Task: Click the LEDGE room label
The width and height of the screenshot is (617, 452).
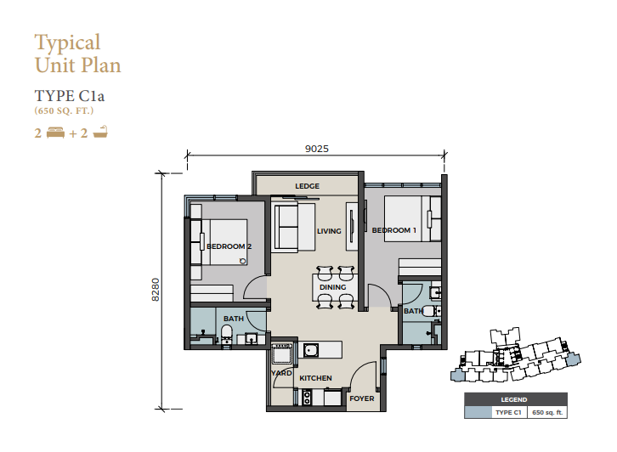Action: [308, 186]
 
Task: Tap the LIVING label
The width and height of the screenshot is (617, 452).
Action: [329, 231]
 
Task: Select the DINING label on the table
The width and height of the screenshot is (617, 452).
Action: [332, 287]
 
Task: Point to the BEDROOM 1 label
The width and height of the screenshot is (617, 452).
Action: [393, 230]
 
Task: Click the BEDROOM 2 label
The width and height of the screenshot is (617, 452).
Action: [229, 246]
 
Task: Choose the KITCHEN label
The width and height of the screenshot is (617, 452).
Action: [315, 378]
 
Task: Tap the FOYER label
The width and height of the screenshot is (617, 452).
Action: [362, 398]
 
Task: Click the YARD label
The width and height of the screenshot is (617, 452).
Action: [281, 373]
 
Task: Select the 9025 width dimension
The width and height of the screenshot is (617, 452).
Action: [317, 149]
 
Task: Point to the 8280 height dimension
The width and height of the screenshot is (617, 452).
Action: [156, 290]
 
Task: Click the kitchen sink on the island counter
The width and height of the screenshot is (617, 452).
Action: [311, 350]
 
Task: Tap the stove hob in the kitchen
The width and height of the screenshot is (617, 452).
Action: [307, 398]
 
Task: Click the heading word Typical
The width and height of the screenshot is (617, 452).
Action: [67, 42]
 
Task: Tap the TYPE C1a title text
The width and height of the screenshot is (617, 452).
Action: [69, 96]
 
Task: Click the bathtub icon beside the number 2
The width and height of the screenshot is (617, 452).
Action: [100, 133]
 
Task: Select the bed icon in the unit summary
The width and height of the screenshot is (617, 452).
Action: [55, 133]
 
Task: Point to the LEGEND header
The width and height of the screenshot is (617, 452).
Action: [514, 399]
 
